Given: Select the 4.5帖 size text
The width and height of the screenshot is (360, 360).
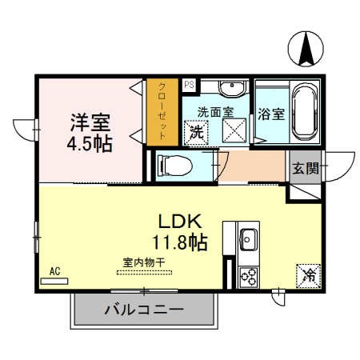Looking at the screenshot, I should coord(89,144).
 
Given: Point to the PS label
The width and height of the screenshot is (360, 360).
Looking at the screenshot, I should coord(190,84).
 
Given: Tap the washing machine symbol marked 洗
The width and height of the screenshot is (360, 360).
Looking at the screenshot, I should coord(195,132).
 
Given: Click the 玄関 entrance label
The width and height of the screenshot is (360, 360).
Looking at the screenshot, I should coord(305,168).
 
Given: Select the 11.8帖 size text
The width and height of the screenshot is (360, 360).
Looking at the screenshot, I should coord(180,241).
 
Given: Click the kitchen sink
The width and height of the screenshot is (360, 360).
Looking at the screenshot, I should coord(248,238).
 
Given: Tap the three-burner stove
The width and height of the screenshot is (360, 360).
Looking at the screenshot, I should coord(248,277).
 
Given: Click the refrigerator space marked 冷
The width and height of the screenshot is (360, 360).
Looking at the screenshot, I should coord(308,276).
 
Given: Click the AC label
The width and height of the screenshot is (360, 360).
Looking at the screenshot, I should coord(55,271).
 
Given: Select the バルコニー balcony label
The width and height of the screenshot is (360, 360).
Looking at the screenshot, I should coord(144,310).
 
